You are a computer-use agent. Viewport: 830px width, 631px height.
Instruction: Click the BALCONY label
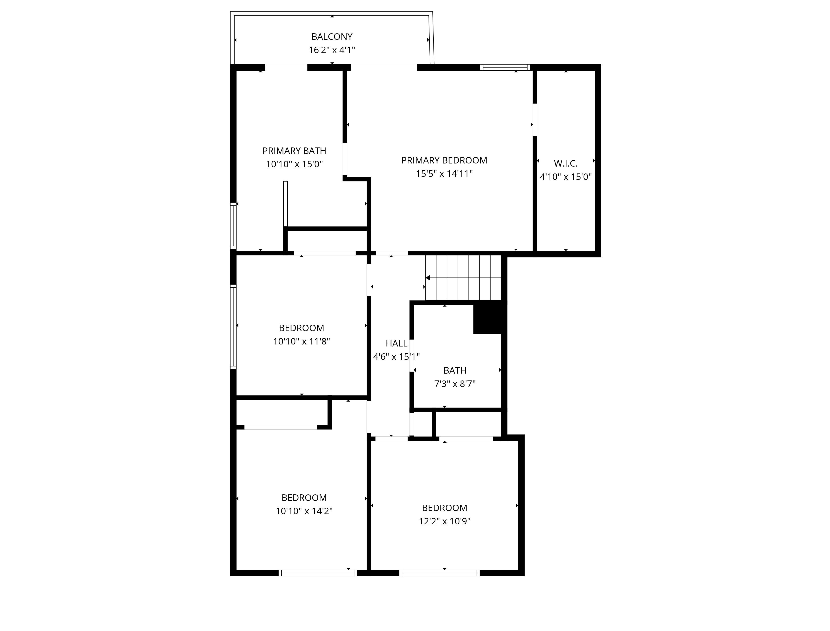(332, 37)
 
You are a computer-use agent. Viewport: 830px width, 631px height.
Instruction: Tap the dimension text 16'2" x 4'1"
(332, 50)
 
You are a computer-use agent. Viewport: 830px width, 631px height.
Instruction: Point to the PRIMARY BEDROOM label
(444, 160)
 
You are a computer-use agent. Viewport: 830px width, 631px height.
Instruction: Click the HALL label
(396, 343)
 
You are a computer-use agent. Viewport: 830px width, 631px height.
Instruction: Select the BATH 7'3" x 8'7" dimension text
(455, 384)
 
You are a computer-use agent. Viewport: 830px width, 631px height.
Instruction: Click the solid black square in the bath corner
(487, 317)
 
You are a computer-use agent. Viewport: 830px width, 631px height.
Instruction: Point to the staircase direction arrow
(428, 278)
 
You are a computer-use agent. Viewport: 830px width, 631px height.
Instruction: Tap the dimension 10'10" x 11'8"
(301, 341)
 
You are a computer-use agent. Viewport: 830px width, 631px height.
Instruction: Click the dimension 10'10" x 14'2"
(304, 511)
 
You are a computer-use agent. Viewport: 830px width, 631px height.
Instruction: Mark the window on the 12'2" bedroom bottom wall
(439, 573)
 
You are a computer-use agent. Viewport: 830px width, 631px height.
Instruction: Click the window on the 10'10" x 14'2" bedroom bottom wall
(318, 573)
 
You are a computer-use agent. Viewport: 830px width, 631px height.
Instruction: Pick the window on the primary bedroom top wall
(505, 68)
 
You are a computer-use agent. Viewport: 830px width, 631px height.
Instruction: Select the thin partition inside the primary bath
(285, 204)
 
